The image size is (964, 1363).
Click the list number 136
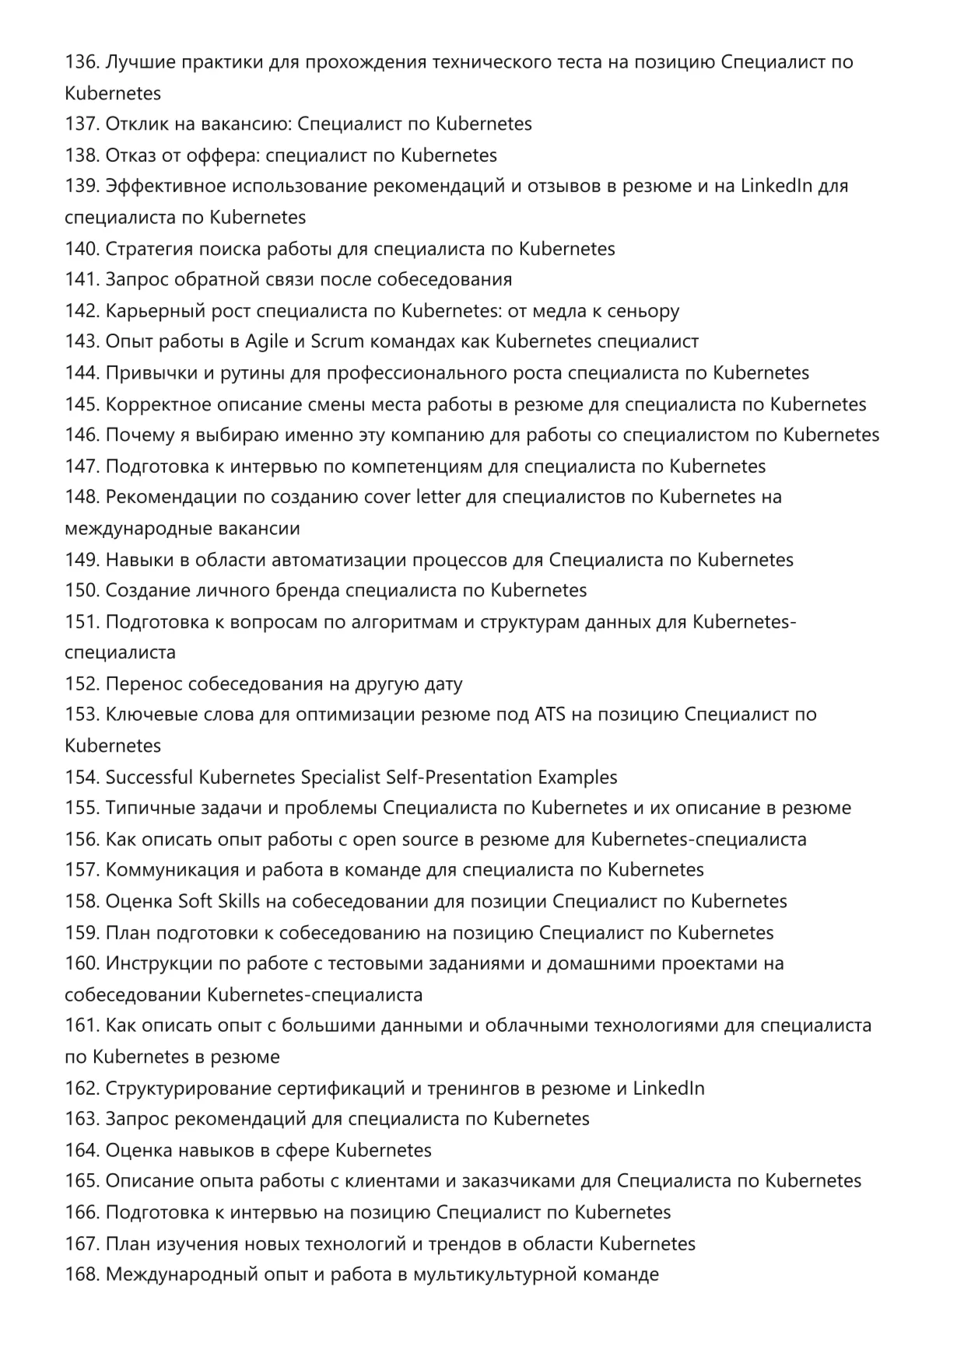(x=82, y=62)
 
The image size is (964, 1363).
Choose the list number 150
(x=82, y=591)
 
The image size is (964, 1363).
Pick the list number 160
(x=82, y=964)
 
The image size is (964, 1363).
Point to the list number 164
(x=82, y=1151)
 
